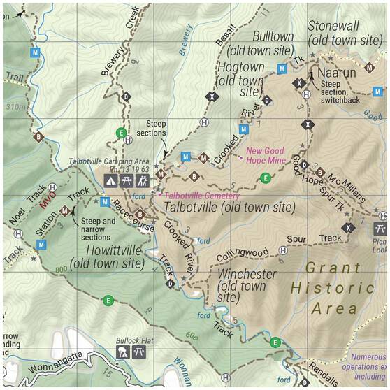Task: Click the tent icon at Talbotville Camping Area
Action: tap(110, 180)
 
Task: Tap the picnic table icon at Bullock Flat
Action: tap(138, 353)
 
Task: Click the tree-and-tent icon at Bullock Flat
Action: tap(122, 353)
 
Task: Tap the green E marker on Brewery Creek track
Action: tap(121, 132)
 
